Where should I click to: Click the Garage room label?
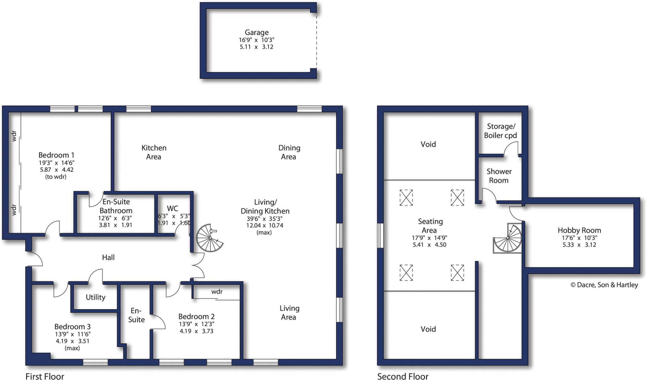coord(257,33)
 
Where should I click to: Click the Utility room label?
coord(95,297)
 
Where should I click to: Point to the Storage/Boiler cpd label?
coord(501,131)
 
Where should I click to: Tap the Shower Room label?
coord(499,176)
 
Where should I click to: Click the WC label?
coord(172,209)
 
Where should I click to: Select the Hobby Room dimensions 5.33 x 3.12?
coord(579,245)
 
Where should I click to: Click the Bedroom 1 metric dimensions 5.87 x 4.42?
coord(57,170)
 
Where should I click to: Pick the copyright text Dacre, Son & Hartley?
coord(604,285)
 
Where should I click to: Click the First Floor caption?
coord(45,376)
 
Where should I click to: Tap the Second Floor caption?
coord(402,376)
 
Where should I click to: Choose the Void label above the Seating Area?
coord(428,144)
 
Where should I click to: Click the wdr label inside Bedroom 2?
coord(217,292)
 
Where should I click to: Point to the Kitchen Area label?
coord(154,152)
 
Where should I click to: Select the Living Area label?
coord(289,313)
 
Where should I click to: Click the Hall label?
coord(108,258)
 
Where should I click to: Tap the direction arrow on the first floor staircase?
coord(214,231)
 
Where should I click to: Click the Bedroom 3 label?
coord(72,327)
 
